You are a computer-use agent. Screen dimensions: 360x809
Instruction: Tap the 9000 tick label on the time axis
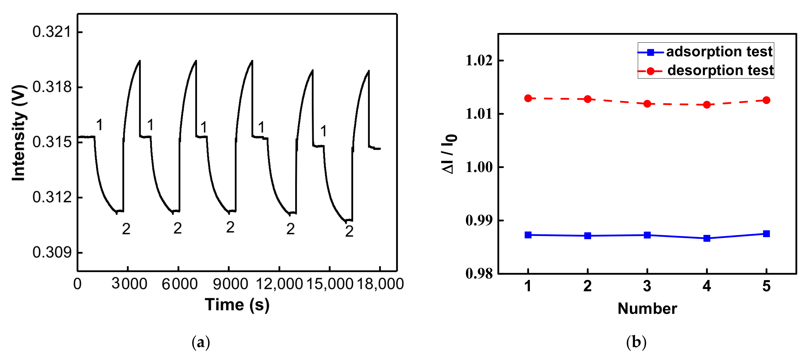click(x=230, y=284)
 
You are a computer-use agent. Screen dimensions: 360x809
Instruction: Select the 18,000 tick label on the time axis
click(x=380, y=284)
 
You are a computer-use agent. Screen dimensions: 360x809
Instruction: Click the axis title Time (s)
click(x=237, y=305)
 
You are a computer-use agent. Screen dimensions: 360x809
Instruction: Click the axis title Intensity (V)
click(x=19, y=133)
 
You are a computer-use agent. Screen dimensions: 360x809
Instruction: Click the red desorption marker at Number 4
click(x=707, y=105)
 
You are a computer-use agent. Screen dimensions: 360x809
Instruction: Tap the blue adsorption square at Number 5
click(x=766, y=234)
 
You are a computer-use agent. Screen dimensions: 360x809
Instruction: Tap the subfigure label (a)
click(x=201, y=342)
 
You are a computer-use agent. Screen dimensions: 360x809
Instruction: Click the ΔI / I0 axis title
click(x=449, y=154)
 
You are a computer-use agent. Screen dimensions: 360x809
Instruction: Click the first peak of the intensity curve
click(x=140, y=61)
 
